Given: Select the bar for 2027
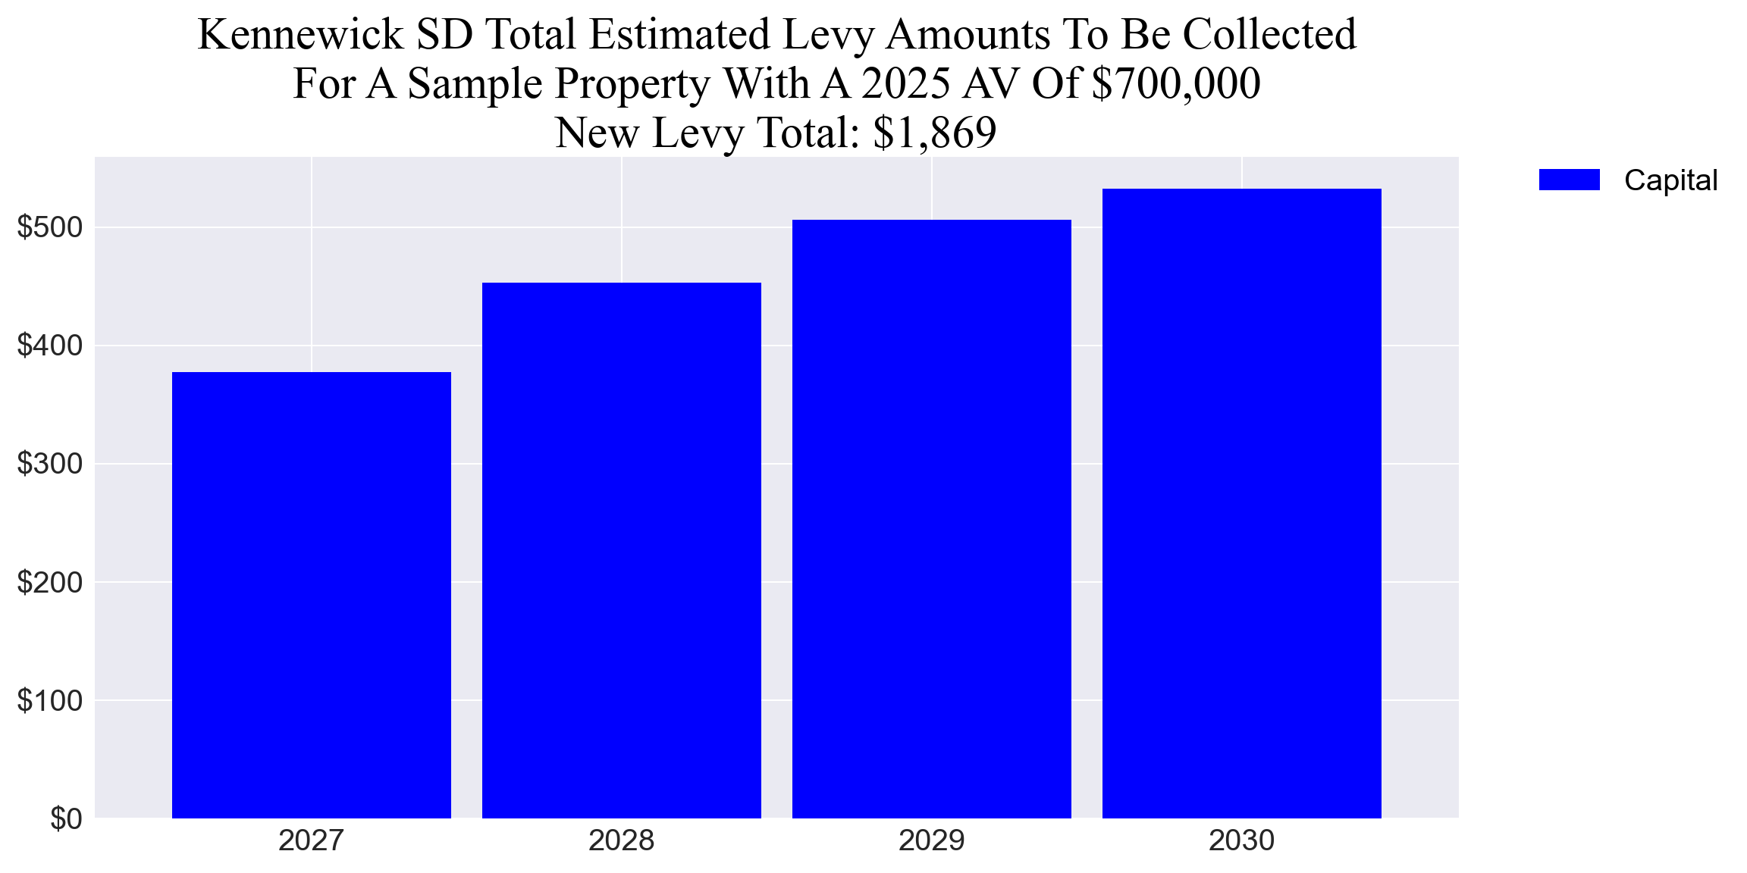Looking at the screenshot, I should click(x=312, y=595).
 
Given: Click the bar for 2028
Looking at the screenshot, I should click(x=622, y=550).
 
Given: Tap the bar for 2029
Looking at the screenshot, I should click(x=932, y=519).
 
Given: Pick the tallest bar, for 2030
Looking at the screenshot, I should click(x=1242, y=503).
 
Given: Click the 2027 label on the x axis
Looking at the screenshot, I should click(x=312, y=840).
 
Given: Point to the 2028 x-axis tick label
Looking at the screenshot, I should click(x=622, y=840).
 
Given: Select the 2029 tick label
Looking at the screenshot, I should click(x=932, y=840).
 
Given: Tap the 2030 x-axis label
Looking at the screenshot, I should click(x=1242, y=840).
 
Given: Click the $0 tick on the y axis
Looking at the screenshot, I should click(x=66, y=818).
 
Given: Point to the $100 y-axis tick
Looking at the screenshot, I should click(x=50, y=700).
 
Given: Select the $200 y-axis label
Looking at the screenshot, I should click(x=50, y=582).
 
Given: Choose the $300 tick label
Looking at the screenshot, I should click(x=50, y=464).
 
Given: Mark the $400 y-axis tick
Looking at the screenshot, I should click(x=50, y=346).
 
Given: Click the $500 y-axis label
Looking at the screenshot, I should click(x=50, y=227).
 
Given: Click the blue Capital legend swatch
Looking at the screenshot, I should click(x=1569, y=180).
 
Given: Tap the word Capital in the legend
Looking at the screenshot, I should click(x=1670, y=180).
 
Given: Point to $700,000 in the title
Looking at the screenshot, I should click(x=1176, y=83).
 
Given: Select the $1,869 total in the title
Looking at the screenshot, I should click(x=934, y=133).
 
